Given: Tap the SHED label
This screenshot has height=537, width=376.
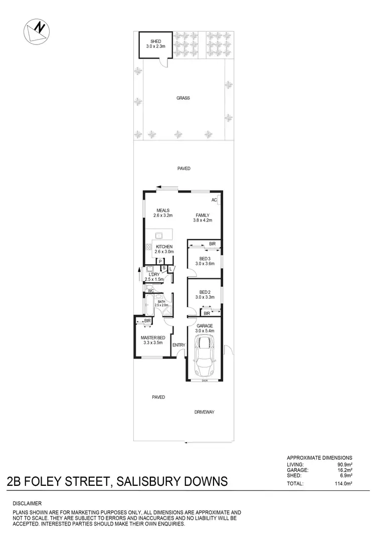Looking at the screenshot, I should pyautogui.click(x=155, y=41).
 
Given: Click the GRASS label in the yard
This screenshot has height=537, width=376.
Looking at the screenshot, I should pyautogui.click(x=183, y=98).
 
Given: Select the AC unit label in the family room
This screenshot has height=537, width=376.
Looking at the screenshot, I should pyautogui.click(x=214, y=200).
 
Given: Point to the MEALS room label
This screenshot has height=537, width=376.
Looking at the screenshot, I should pyautogui.click(x=162, y=210).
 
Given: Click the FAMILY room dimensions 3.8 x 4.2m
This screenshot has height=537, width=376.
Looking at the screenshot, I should pyautogui.click(x=203, y=220).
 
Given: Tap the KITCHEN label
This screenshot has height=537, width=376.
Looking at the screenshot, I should pyautogui.click(x=164, y=247).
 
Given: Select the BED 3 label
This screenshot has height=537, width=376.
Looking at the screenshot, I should pyautogui.click(x=204, y=259).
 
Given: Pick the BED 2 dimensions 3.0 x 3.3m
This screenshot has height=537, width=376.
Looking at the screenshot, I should pyautogui.click(x=204, y=297).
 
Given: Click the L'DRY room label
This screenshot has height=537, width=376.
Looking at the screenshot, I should pyautogui.click(x=151, y=274).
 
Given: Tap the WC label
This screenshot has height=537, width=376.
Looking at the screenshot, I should pyautogui.click(x=150, y=291).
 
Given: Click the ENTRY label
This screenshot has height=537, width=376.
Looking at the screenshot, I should pyautogui.click(x=178, y=345).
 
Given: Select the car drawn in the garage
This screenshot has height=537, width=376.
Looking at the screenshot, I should pyautogui.click(x=204, y=357).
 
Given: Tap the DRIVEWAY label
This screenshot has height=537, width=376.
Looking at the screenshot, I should pyautogui.click(x=205, y=412).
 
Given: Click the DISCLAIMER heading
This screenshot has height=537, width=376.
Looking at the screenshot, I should pyautogui.click(x=28, y=503).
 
